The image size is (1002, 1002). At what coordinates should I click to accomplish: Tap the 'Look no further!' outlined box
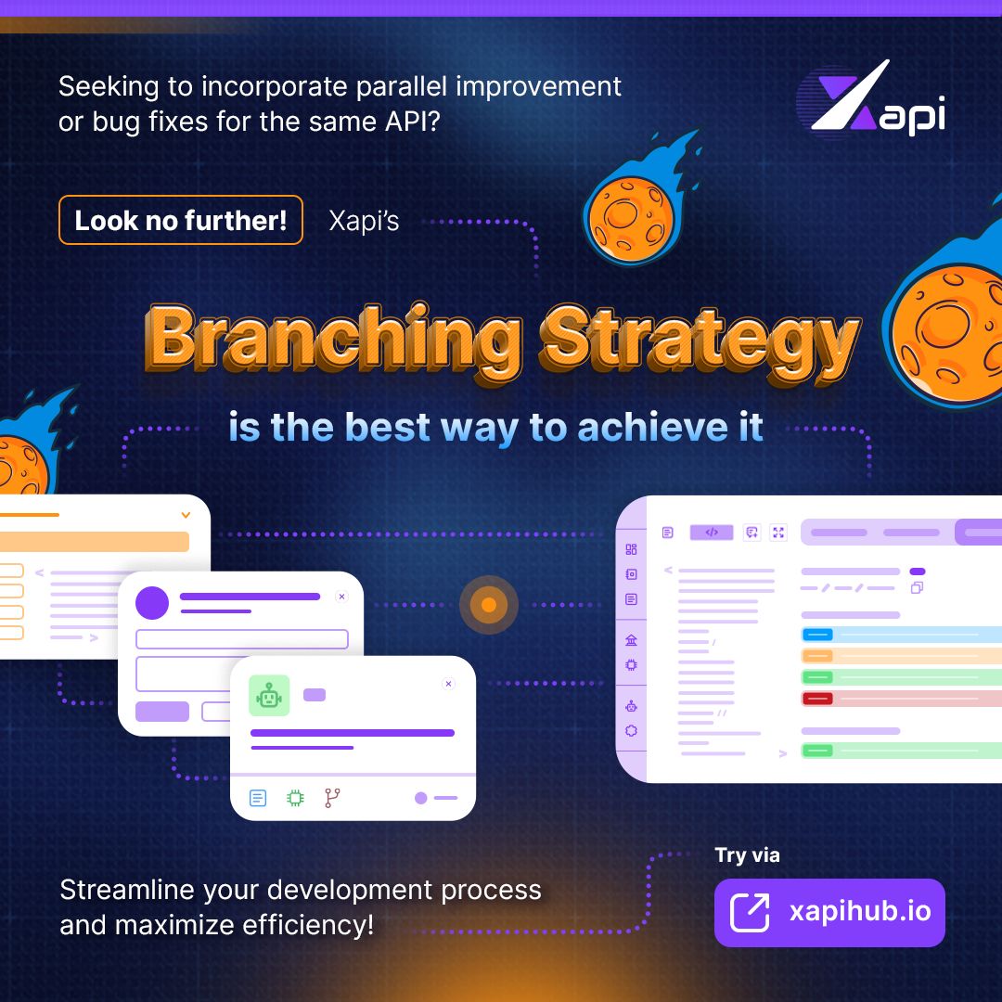point(181,221)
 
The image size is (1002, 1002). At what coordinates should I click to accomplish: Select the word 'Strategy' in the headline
point(700,340)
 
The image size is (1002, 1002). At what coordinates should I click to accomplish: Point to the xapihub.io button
point(829,912)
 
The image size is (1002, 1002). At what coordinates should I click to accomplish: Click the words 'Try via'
point(747,855)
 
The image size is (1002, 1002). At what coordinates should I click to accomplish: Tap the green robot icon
point(269,695)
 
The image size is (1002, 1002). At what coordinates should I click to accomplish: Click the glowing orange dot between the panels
point(489,606)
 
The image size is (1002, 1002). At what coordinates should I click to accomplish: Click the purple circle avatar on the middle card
point(152,603)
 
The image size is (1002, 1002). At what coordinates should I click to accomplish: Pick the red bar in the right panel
point(816,699)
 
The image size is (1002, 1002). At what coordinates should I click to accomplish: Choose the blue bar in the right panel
point(816,635)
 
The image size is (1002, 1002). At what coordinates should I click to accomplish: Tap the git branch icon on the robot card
point(332,798)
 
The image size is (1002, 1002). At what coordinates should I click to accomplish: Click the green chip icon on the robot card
point(295,798)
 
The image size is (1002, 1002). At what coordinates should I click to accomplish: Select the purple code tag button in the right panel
point(712,533)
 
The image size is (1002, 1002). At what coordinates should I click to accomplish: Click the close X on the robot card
point(449,684)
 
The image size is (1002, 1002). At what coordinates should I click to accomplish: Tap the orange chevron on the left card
point(186,515)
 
